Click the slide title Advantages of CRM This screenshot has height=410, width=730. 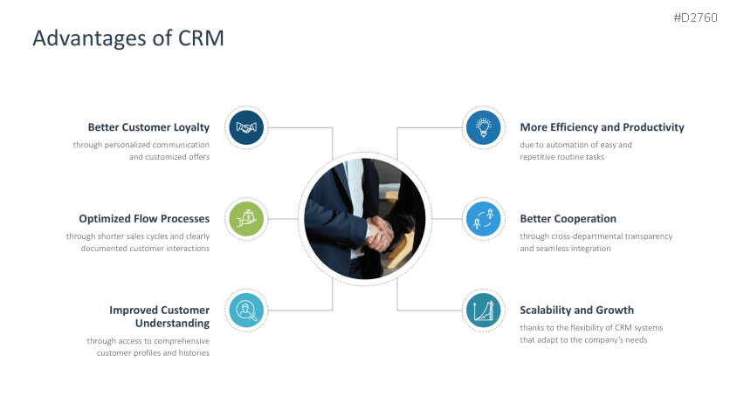[x=127, y=38]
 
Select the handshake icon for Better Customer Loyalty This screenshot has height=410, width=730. [x=247, y=128]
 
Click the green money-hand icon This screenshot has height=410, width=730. [x=247, y=219]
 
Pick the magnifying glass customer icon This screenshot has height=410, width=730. [x=247, y=311]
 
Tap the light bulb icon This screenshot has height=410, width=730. [x=483, y=128]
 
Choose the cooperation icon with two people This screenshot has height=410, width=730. [x=483, y=219]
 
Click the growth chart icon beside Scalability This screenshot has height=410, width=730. [x=483, y=311]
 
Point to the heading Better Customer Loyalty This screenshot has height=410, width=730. [x=148, y=127]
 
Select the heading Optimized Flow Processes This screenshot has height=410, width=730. [x=144, y=219]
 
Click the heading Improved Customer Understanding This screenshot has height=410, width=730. [x=159, y=317]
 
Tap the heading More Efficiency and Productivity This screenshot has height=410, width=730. [x=602, y=127]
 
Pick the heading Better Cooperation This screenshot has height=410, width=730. [x=568, y=219]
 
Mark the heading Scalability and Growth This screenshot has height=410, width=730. [x=576, y=311]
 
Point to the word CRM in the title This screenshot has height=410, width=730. [x=200, y=38]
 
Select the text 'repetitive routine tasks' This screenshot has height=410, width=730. [x=561, y=157]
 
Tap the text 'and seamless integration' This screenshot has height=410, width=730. [x=565, y=249]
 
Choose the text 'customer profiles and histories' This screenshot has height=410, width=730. [x=153, y=353]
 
